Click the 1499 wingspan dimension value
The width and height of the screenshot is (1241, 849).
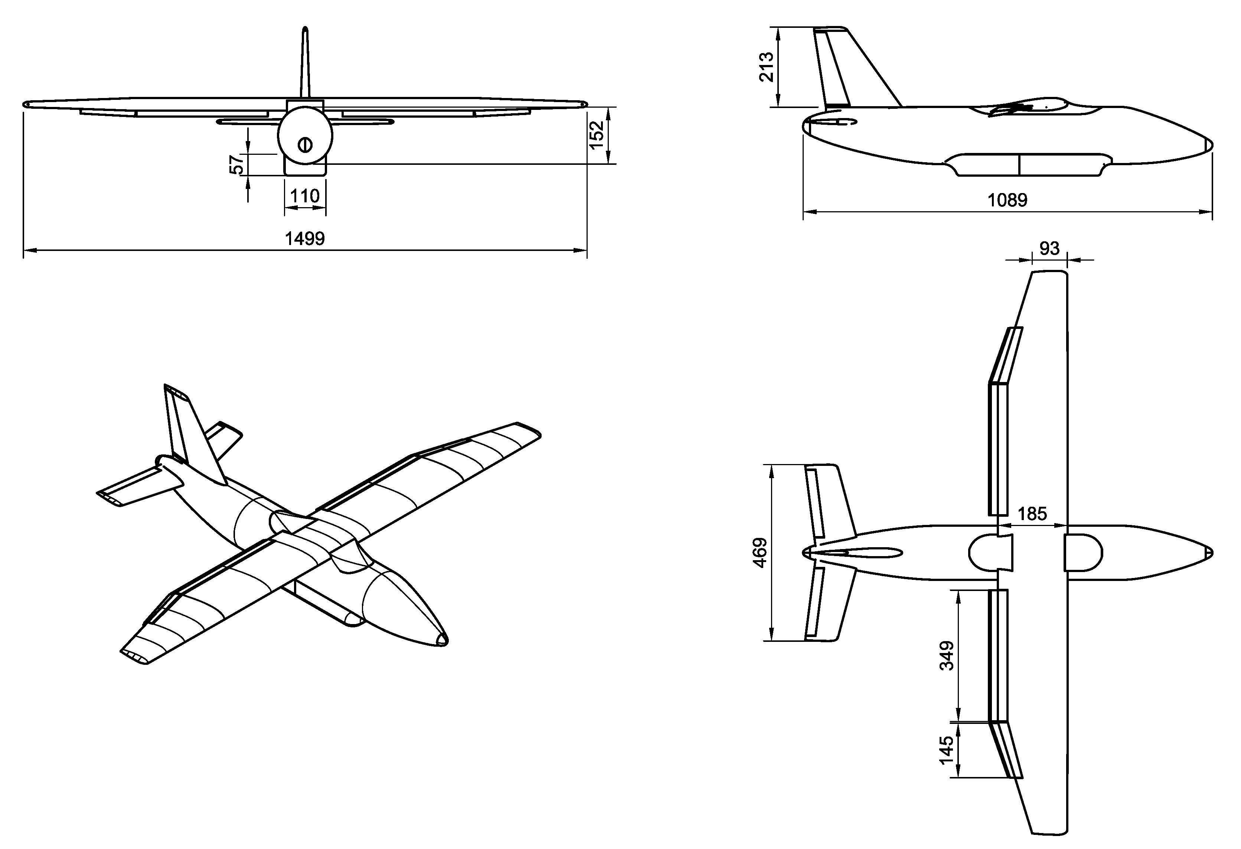click(304, 238)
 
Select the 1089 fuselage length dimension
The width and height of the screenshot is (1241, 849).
click(1007, 200)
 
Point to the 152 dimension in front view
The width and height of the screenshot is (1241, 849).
click(597, 134)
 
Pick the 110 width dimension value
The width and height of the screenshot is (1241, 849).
click(304, 196)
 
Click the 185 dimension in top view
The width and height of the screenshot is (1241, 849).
click(1032, 514)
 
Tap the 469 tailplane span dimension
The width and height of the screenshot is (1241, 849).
click(760, 553)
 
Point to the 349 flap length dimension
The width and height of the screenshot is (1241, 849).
click(946, 656)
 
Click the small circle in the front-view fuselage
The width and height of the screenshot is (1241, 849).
click(304, 145)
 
